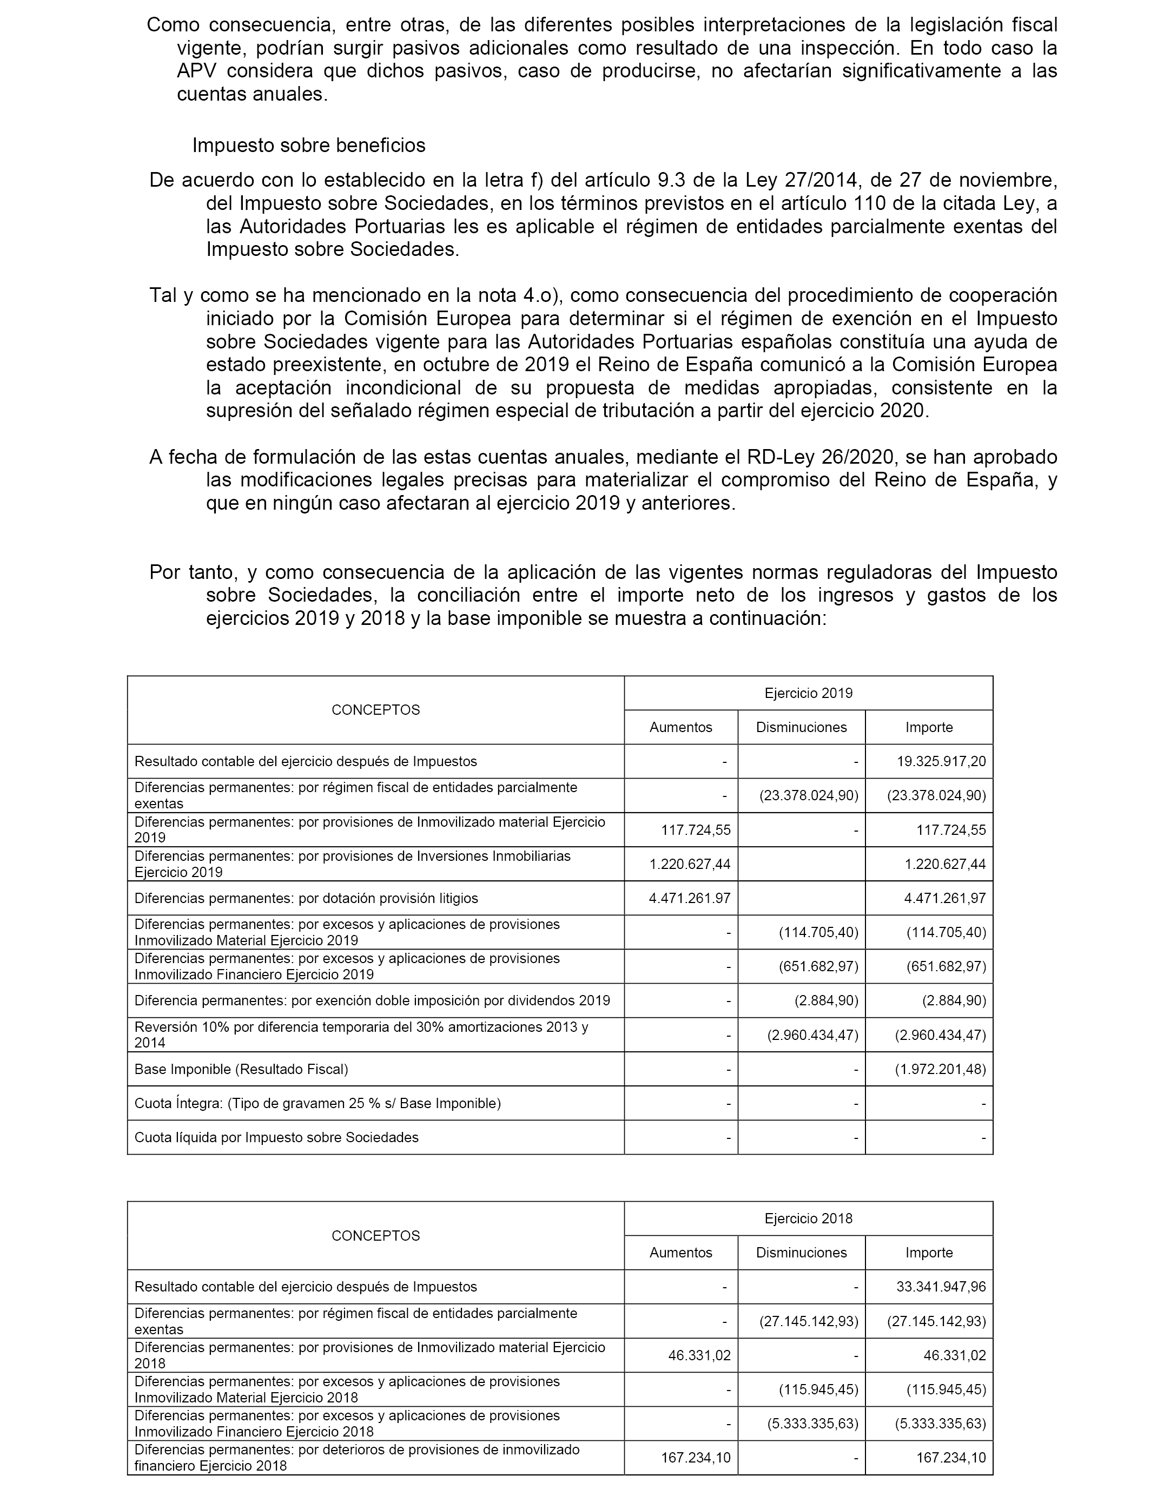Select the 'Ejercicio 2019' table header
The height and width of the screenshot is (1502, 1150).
click(809, 693)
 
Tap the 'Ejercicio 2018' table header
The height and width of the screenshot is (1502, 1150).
click(809, 1218)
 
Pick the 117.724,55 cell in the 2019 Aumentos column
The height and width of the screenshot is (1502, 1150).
click(696, 830)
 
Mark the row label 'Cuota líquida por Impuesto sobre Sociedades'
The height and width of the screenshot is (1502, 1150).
click(276, 1138)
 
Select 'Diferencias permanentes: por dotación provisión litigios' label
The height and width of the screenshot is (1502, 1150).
click(306, 898)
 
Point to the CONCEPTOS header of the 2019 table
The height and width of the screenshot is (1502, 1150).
click(376, 710)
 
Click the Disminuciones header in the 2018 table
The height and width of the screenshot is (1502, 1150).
click(801, 1253)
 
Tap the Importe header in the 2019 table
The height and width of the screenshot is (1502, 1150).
click(929, 727)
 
